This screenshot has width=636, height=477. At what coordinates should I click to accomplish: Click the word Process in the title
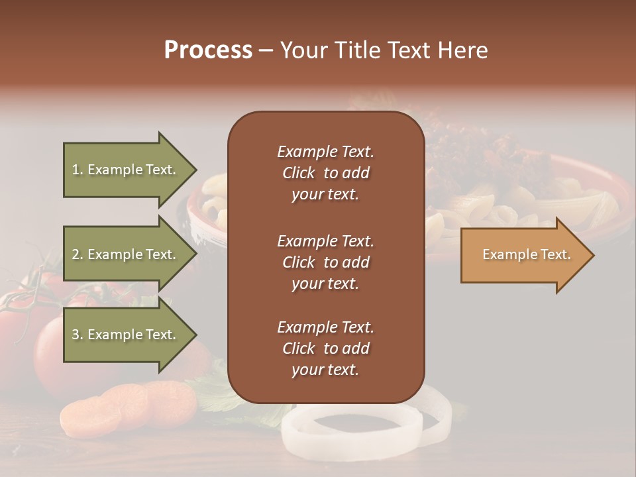click(x=208, y=50)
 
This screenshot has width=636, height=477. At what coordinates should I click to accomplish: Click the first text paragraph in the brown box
click(x=325, y=173)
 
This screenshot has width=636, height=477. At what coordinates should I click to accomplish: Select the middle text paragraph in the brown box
click(x=325, y=262)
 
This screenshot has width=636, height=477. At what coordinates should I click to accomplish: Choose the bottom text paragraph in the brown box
click(x=325, y=348)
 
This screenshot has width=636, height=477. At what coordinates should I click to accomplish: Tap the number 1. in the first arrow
click(x=78, y=170)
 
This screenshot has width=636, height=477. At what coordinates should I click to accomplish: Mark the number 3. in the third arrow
click(x=78, y=335)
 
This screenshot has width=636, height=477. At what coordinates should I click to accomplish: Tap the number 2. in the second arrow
click(x=78, y=254)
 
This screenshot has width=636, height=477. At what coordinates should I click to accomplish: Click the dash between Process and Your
click(x=266, y=50)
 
